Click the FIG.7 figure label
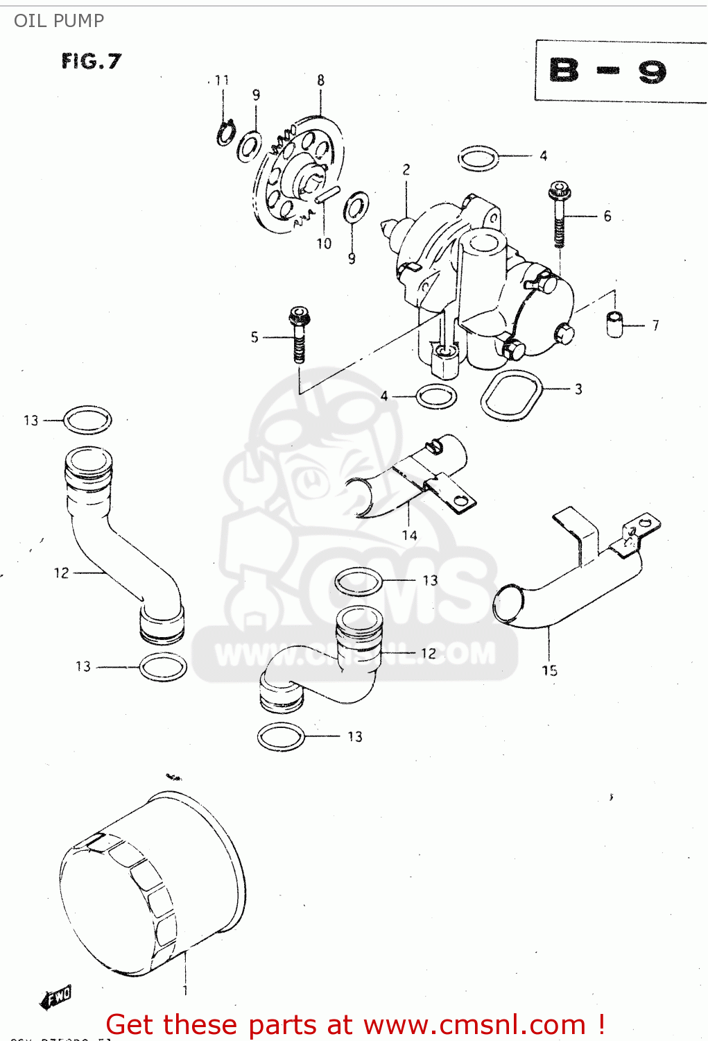point(91,61)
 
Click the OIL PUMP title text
point(59,21)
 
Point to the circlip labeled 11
point(225,133)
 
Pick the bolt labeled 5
point(300,334)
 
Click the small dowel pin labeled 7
point(614,324)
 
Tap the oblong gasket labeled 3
point(512,395)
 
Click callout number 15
point(549,670)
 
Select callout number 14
point(409,535)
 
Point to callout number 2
point(406,169)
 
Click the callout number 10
point(324,244)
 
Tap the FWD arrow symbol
point(56,997)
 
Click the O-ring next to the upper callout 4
point(478,158)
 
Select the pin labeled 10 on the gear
point(327,195)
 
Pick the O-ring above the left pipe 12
point(87,420)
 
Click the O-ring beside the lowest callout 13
point(281,736)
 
